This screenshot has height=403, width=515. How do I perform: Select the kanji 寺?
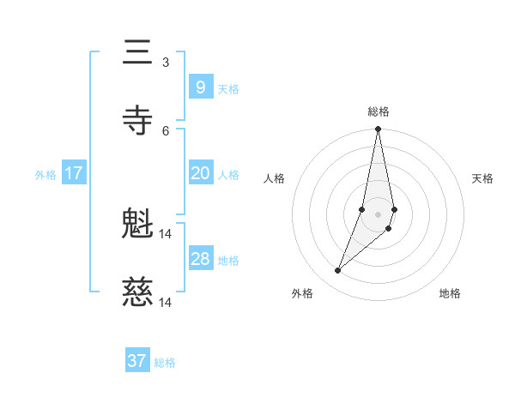click(x=137, y=120)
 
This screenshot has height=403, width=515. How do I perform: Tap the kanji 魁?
click(x=137, y=225)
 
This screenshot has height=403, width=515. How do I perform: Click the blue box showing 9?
click(x=200, y=87)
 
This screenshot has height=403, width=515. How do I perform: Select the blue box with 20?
click(x=200, y=173)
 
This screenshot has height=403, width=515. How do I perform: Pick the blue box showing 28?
click(x=200, y=259)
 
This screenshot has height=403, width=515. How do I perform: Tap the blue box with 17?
click(x=74, y=173)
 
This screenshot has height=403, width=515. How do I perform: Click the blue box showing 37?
click(x=137, y=361)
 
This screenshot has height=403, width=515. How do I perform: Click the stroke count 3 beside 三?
click(x=166, y=63)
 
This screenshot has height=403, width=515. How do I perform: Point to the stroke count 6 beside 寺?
click(x=166, y=130)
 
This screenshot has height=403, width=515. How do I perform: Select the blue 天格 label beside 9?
click(x=228, y=88)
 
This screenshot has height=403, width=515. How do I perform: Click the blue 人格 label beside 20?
click(x=228, y=175)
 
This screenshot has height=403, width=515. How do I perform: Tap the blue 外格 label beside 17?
click(x=45, y=175)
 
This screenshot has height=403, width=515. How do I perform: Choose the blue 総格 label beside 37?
click(x=165, y=363)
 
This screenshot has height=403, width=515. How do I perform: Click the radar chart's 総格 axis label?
click(x=379, y=111)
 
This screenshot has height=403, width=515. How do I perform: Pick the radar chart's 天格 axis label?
click(x=482, y=178)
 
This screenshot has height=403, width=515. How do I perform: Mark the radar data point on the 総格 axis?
click(x=378, y=129)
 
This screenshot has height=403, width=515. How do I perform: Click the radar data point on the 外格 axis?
click(x=338, y=271)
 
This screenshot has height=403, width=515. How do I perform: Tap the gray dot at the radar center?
click(x=378, y=214)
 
